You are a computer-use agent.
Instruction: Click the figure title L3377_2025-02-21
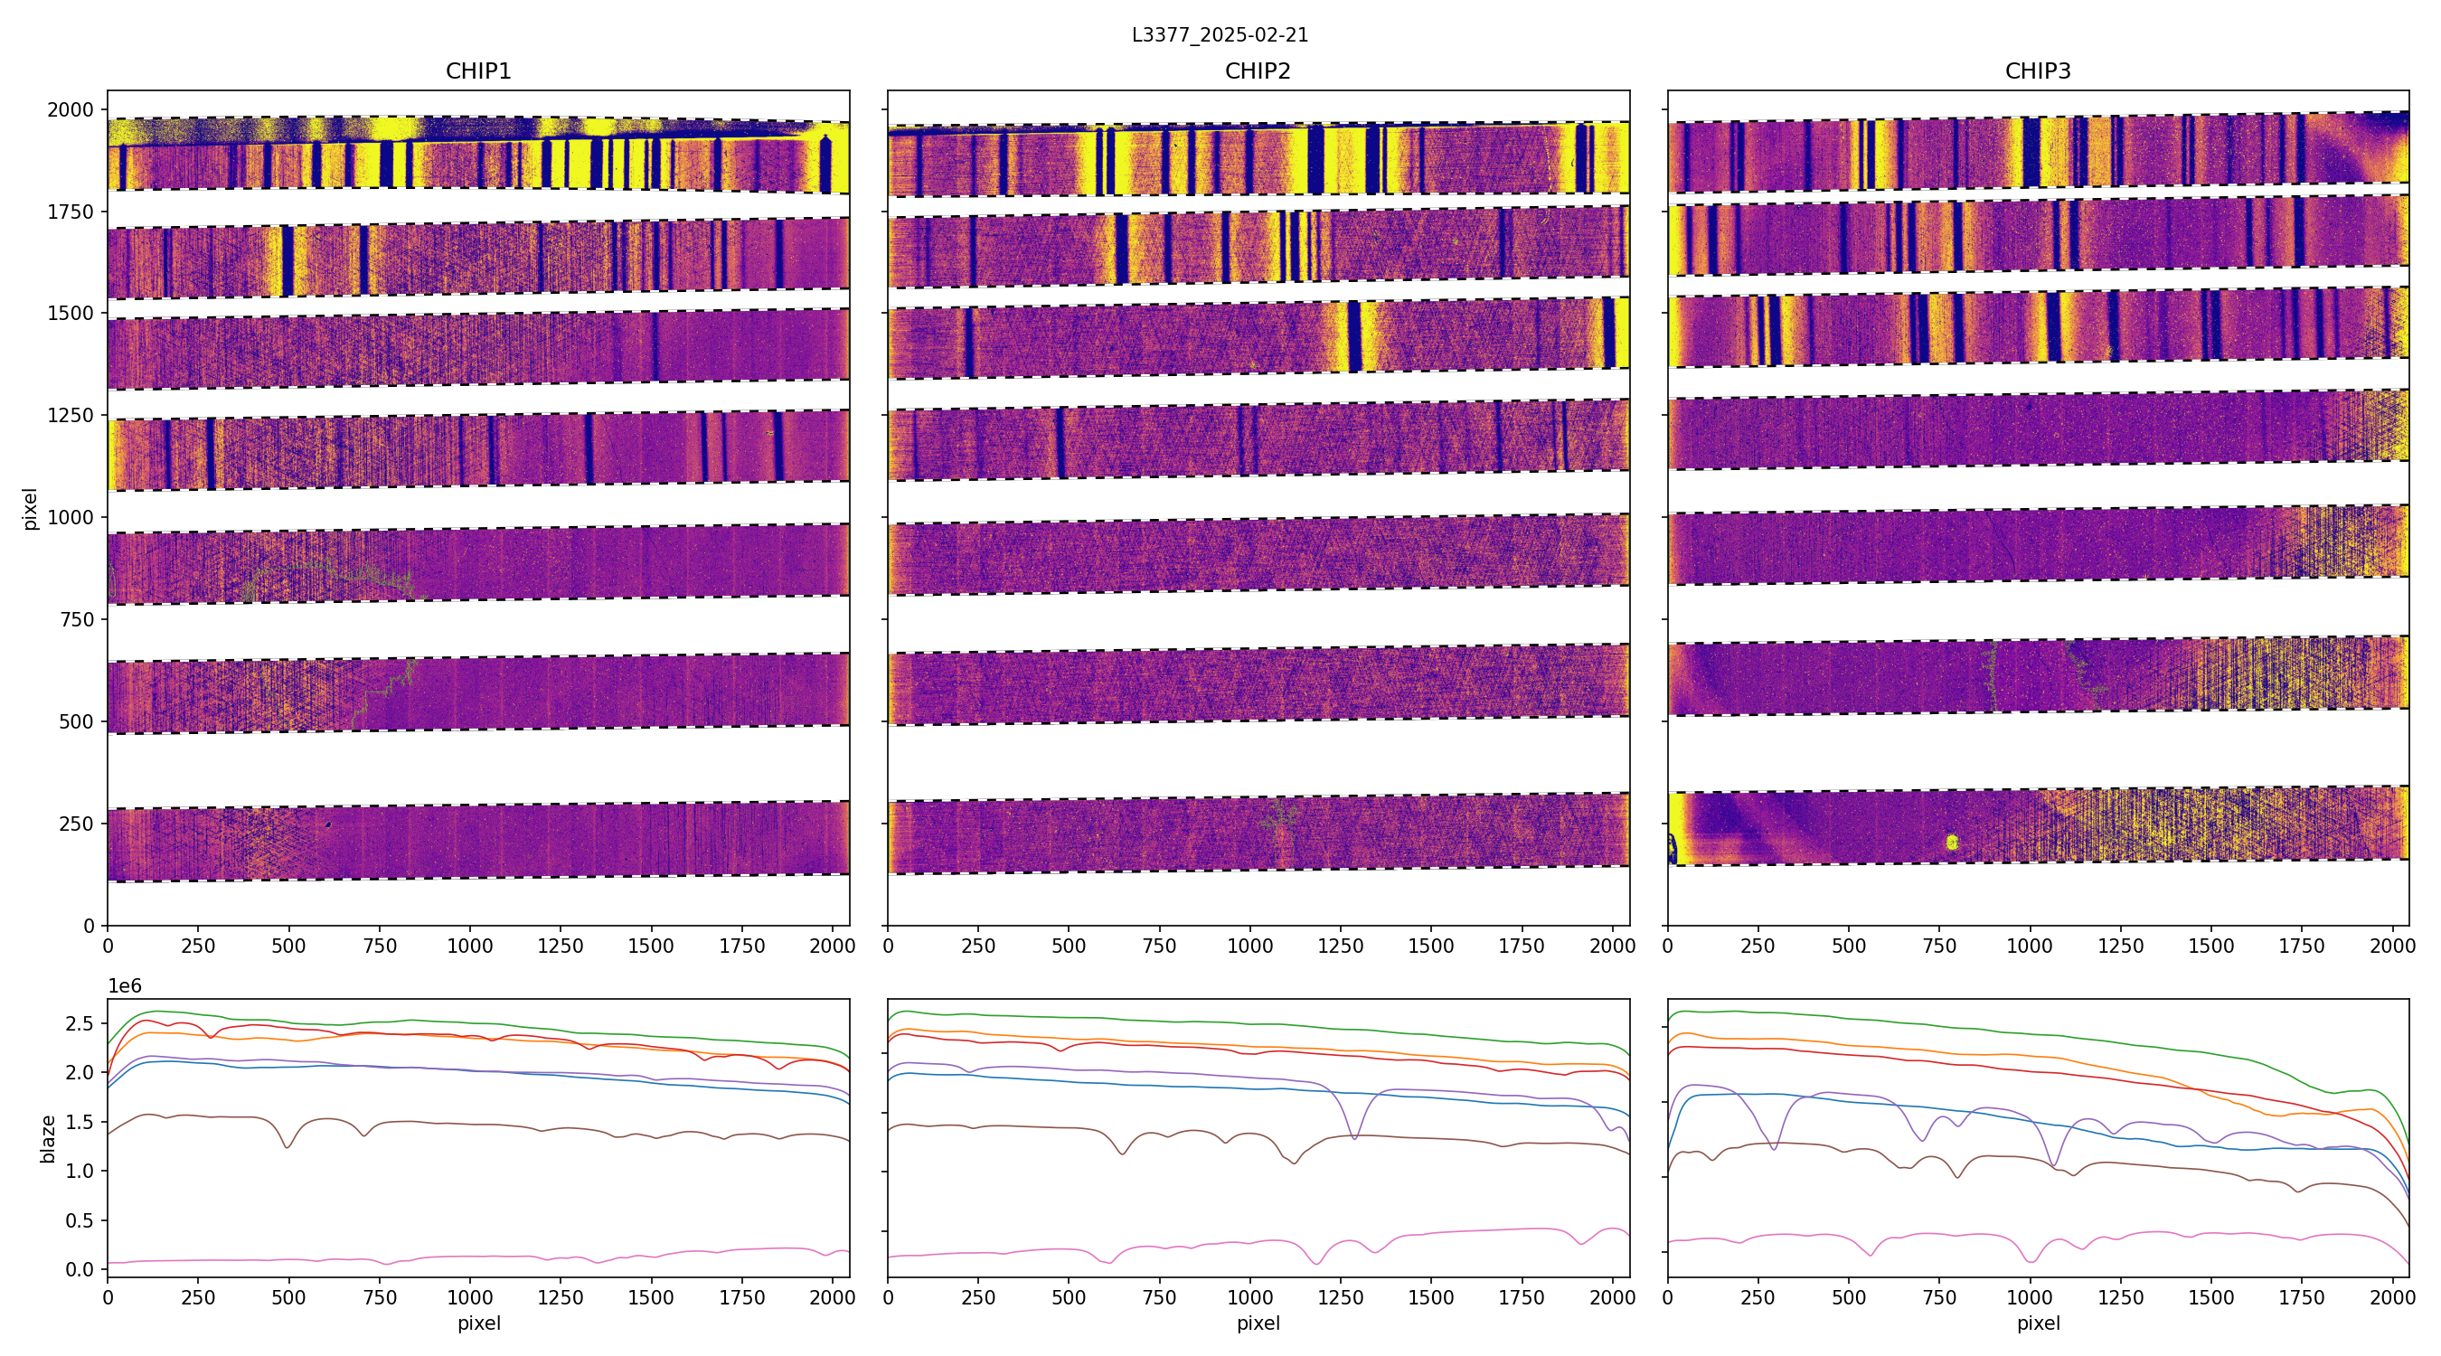click(1220, 35)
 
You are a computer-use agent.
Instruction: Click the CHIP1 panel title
click(478, 71)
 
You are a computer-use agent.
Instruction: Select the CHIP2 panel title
click(1258, 71)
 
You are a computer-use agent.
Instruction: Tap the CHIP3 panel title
click(2037, 71)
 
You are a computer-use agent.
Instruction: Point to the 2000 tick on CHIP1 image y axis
click(71, 110)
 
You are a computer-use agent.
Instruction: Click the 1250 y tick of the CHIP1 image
click(71, 415)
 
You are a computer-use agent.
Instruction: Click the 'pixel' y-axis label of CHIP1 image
click(31, 509)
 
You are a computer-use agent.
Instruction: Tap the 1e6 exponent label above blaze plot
click(125, 986)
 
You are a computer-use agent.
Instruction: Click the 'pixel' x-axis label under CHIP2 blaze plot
click(1258, 1323)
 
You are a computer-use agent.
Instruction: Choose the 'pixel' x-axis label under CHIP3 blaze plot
click(2037, 1323)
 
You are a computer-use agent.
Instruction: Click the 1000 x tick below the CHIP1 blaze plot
click(470, 1297)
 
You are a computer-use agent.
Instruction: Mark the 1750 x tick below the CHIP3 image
click(2301, 946)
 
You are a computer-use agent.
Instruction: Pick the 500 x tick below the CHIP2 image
click(1069, 946)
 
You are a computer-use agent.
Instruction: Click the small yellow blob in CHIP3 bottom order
click(1952, 842)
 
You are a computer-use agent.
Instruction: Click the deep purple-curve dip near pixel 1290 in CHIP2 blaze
click(1355, 1137)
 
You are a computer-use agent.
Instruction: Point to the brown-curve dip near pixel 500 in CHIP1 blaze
click(288, 1147)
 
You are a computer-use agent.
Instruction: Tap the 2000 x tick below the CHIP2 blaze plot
click(1612, 1297)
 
